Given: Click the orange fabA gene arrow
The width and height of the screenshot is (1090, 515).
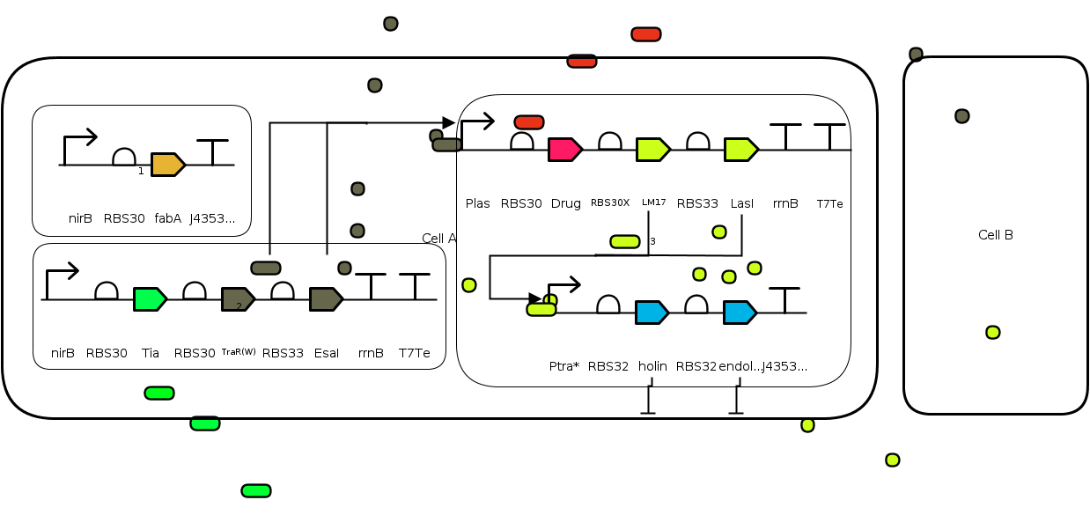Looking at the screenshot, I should [167, 165].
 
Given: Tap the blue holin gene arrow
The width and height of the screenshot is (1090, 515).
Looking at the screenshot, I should [652, 313].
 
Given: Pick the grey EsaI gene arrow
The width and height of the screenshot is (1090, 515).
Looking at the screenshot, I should [326, 299].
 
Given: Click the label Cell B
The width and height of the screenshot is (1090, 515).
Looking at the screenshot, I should [996, 235].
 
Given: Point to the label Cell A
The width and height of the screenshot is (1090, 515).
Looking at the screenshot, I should [439, 239].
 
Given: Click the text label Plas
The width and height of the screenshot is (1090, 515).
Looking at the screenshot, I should [477, 203].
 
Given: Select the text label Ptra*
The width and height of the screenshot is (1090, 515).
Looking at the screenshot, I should [563, 366].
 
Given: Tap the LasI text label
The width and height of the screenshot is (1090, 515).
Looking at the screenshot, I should [742, 203].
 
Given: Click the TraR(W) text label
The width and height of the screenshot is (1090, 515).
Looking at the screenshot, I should [239, 353].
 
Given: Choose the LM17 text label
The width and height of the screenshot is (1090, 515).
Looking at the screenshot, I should [654, 202].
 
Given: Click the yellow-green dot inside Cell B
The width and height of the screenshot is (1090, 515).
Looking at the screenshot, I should [993, 332].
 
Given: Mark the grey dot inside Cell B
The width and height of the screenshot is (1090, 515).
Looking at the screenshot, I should [962, 116].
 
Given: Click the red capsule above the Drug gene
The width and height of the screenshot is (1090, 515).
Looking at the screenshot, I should [529, 122].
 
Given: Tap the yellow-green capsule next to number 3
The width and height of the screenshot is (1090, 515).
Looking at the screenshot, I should [625, 241].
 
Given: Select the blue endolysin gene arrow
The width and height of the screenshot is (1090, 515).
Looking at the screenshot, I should [740, 313].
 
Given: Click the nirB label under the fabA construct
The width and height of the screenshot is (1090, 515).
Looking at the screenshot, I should [80, 218].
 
